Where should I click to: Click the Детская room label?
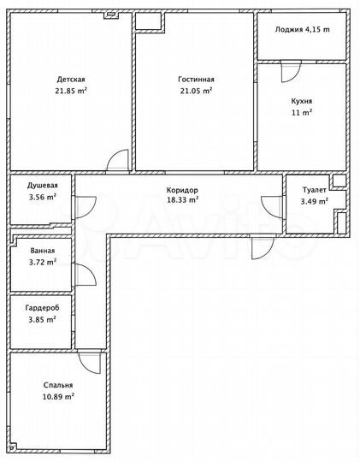pyautogui.click(x=70, y=79)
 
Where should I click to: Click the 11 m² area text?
pyautogui.click(x=300, y=112)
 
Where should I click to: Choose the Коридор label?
pyautogui.click(x=182, y=189)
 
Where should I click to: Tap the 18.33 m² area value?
pyautogui.click(x=182, y=199)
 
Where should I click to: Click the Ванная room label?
pyautogui.click(x=42, y=251)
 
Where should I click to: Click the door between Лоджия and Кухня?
pyautogui.click(x=292, y=72)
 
